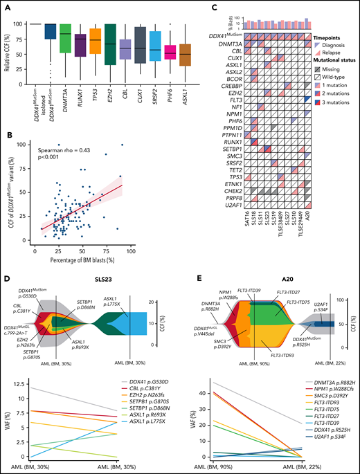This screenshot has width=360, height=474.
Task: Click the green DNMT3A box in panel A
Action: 65,42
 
